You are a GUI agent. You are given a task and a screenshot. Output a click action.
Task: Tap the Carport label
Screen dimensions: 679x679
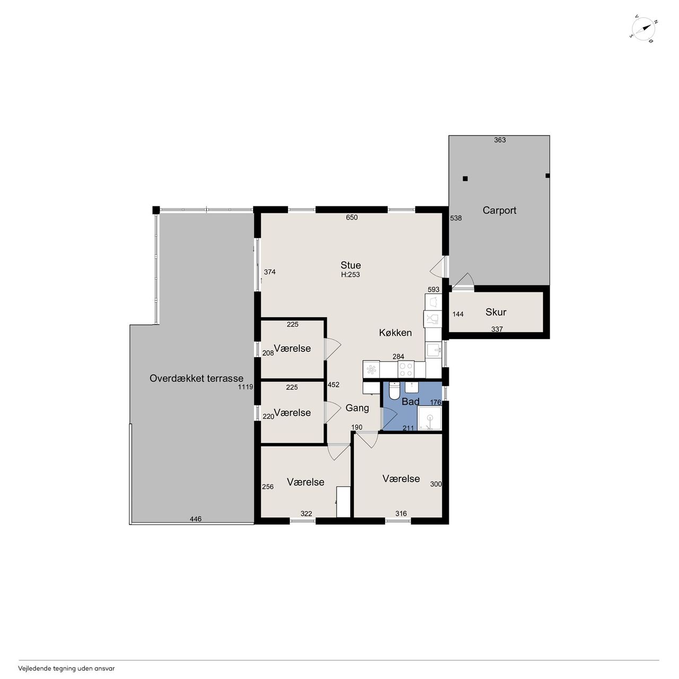point(499,211)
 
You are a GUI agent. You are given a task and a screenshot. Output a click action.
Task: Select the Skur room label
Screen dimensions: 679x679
point(496,312)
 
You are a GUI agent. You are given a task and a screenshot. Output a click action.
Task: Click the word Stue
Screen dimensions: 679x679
point(351,265)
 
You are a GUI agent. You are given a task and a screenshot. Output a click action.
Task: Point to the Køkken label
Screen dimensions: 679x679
point(395,332)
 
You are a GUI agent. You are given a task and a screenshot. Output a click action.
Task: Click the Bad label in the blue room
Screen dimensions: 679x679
point(411,402)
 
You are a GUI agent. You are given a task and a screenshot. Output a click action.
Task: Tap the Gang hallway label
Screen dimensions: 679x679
point(358,408)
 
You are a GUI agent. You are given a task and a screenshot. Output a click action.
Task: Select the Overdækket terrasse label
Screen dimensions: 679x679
point(196,378)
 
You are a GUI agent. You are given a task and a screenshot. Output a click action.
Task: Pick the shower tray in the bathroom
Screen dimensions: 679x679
point(429,418)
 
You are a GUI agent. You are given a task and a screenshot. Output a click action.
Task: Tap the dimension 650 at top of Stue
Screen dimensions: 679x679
point(352,217)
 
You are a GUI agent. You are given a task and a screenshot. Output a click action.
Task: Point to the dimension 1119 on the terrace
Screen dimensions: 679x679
point(246,387)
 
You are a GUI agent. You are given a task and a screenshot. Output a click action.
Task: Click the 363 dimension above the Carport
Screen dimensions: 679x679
point(500,140)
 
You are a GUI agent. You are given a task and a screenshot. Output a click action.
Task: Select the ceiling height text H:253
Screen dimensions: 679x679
point(351,274)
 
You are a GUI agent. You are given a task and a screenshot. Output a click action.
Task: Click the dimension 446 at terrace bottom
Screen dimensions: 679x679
point(196,519)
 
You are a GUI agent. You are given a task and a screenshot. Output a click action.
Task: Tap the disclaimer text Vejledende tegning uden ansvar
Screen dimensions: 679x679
point(66,668)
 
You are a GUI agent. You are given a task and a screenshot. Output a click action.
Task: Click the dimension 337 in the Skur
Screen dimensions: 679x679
point(497,329)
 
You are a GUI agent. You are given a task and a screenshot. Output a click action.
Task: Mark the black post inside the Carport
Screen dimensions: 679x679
point(465,179)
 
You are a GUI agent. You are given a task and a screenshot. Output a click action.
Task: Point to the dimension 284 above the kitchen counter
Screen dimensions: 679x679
point(398,356)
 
